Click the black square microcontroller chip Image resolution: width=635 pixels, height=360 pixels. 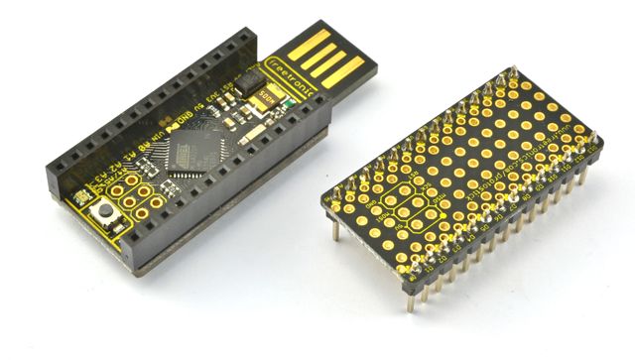(189, 154)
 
